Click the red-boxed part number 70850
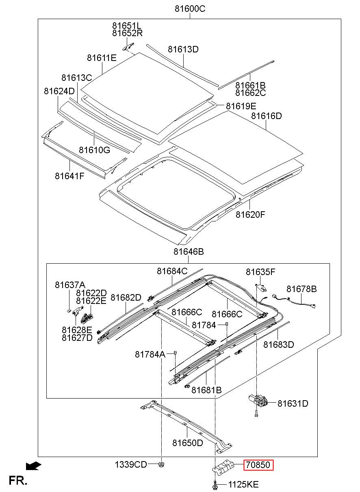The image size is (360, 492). pos(258,465)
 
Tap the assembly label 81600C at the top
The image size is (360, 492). pos(190,9)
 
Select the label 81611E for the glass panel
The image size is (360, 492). pos(102,58)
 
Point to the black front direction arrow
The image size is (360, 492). pos(33,466)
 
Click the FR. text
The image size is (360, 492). pos(18,481)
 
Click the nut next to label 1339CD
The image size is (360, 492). pos(161,464)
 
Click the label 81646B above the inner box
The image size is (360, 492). pos(189,251)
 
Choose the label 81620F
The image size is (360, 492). pos(250,215)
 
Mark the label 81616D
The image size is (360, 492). pos(266,116)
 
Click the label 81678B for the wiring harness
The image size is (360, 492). pos(301,289)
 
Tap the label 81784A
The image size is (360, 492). pos(150,354)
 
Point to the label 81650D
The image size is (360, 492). pos(188,443)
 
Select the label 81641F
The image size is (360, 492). pos(69,176)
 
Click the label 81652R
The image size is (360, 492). pos(127,33)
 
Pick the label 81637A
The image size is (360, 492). pos(70,285)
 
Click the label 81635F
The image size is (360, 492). pos(260,272)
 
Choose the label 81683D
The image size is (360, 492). pos(278,345)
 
